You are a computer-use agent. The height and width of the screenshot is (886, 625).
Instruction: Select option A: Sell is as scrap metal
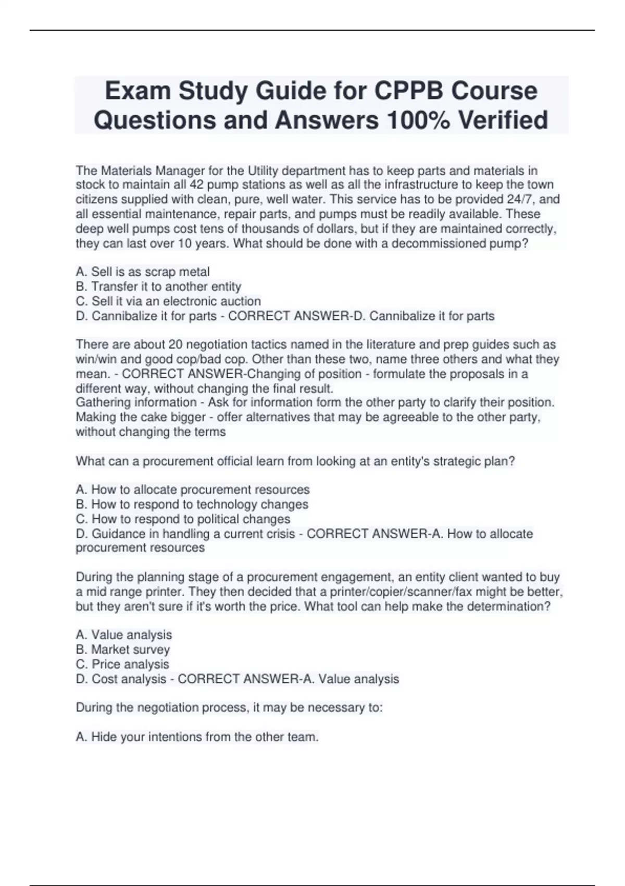143,272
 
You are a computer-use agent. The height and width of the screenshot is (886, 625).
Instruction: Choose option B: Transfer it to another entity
158,287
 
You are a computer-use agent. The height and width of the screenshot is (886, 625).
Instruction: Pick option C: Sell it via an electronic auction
168,301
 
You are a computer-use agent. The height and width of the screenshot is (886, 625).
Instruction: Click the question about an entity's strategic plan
295,461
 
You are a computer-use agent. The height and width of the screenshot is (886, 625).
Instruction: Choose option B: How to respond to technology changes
192,504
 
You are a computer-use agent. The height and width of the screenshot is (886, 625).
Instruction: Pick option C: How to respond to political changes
183,519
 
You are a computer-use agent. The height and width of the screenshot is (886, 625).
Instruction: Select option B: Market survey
123,650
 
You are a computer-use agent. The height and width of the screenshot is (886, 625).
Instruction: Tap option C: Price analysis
122,664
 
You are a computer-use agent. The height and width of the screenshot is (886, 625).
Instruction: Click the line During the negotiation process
229,708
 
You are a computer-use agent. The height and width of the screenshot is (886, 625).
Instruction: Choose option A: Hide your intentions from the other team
197,737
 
